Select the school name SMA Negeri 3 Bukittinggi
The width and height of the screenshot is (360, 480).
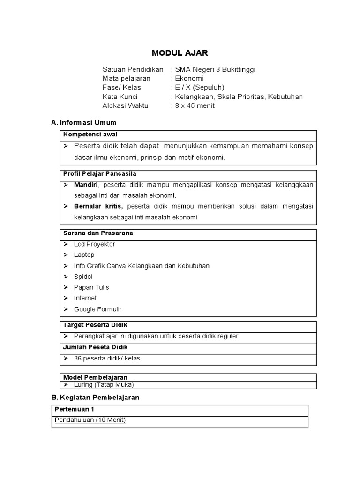[x=215, y=69]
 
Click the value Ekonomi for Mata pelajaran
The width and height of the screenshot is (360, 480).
[x=189, y=78]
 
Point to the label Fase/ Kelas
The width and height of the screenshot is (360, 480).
[x=121, y=88]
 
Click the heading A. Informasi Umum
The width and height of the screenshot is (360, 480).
[x=83, y=122]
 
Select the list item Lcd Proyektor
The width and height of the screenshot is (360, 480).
[x=94, y=244]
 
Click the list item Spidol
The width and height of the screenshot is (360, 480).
[x=83, y=277]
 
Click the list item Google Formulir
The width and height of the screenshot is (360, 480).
[x=97, y=309]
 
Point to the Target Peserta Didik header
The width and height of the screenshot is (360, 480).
[x=95, y=325]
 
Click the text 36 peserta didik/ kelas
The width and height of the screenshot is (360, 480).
[x=107, y=358]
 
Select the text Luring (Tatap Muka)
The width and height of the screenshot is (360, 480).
[x=104, y=384]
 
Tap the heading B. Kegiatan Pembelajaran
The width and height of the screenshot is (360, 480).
[x=95, y=397]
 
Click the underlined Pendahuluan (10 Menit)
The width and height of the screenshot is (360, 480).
[x=90, y=420]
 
